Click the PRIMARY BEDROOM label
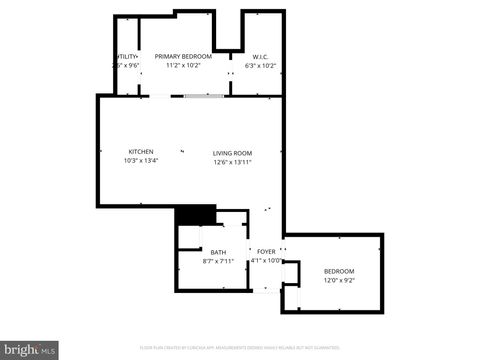183,56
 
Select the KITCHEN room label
140,152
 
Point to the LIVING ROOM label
232,153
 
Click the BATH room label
218,252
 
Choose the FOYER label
266,252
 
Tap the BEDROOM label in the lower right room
338,271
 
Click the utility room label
127,56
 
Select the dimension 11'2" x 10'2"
183,66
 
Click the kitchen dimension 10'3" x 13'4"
140,161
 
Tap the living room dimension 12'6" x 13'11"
232,162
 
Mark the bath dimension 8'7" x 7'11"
218,261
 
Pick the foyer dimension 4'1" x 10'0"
266,261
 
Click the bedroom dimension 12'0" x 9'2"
338,280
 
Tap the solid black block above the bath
196,215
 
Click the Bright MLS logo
29,350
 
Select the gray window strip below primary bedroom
203,95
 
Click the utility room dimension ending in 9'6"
127,66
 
